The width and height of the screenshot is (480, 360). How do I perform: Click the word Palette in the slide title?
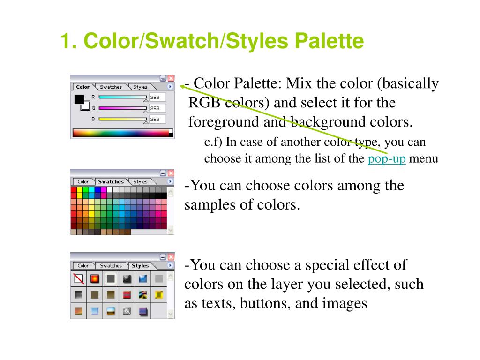[x=329, y=41]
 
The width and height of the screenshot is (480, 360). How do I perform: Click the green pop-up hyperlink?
[x=387, y=159]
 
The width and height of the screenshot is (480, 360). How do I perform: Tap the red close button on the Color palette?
[x=171, y=79]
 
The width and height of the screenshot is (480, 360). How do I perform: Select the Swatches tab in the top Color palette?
[x=111, y=87]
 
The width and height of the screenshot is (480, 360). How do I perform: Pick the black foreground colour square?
[x=79, y=99]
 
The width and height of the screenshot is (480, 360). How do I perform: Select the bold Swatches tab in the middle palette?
[x=111, y=181]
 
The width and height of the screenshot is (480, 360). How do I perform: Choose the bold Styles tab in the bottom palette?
[x=140, y=266]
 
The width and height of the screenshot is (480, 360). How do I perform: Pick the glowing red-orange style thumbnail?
[x=95, y=279]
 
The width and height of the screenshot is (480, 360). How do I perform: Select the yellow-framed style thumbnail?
[x=159, y=294]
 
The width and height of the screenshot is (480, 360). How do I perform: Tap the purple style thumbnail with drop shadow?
[x=143, y=310]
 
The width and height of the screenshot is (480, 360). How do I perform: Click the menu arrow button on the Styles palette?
[x=170, y=265]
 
